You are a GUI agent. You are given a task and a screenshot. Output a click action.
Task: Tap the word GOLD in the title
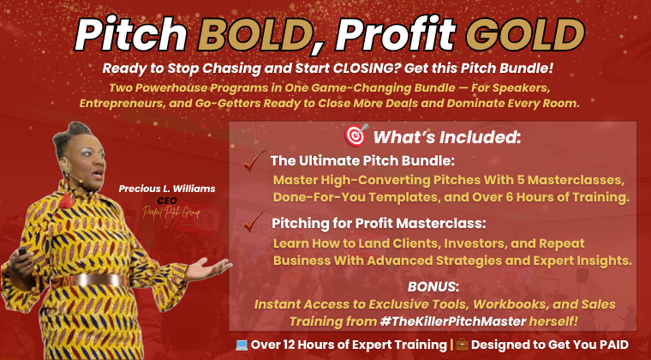click(x=525, y=34)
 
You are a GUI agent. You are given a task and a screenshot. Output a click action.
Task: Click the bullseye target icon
click(x=356, y=135)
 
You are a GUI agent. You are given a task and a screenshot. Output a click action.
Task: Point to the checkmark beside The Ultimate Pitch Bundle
click(x=254, y=160)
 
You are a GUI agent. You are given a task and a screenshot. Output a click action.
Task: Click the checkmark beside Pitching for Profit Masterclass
click(x=254, y=221)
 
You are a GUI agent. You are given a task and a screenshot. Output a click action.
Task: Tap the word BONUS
click(x=433, y=286)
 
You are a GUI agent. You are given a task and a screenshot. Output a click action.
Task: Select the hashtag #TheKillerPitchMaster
click(x=452, y=321)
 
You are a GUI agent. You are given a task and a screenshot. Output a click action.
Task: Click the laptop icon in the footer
click(x=242, y=345)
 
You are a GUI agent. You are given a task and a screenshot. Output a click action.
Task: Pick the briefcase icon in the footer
click(x=462, y=345)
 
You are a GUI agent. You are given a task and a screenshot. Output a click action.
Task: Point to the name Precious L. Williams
click(x=167, y=189)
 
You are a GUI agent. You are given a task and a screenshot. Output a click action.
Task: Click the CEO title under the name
click(x=167, y=201)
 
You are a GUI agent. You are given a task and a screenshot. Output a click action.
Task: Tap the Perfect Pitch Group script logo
click(x=171, y=213)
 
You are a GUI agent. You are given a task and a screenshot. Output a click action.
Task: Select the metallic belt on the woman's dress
click(x=97, y=280)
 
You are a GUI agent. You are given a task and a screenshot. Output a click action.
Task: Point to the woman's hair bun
click(x=75, y=129)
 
